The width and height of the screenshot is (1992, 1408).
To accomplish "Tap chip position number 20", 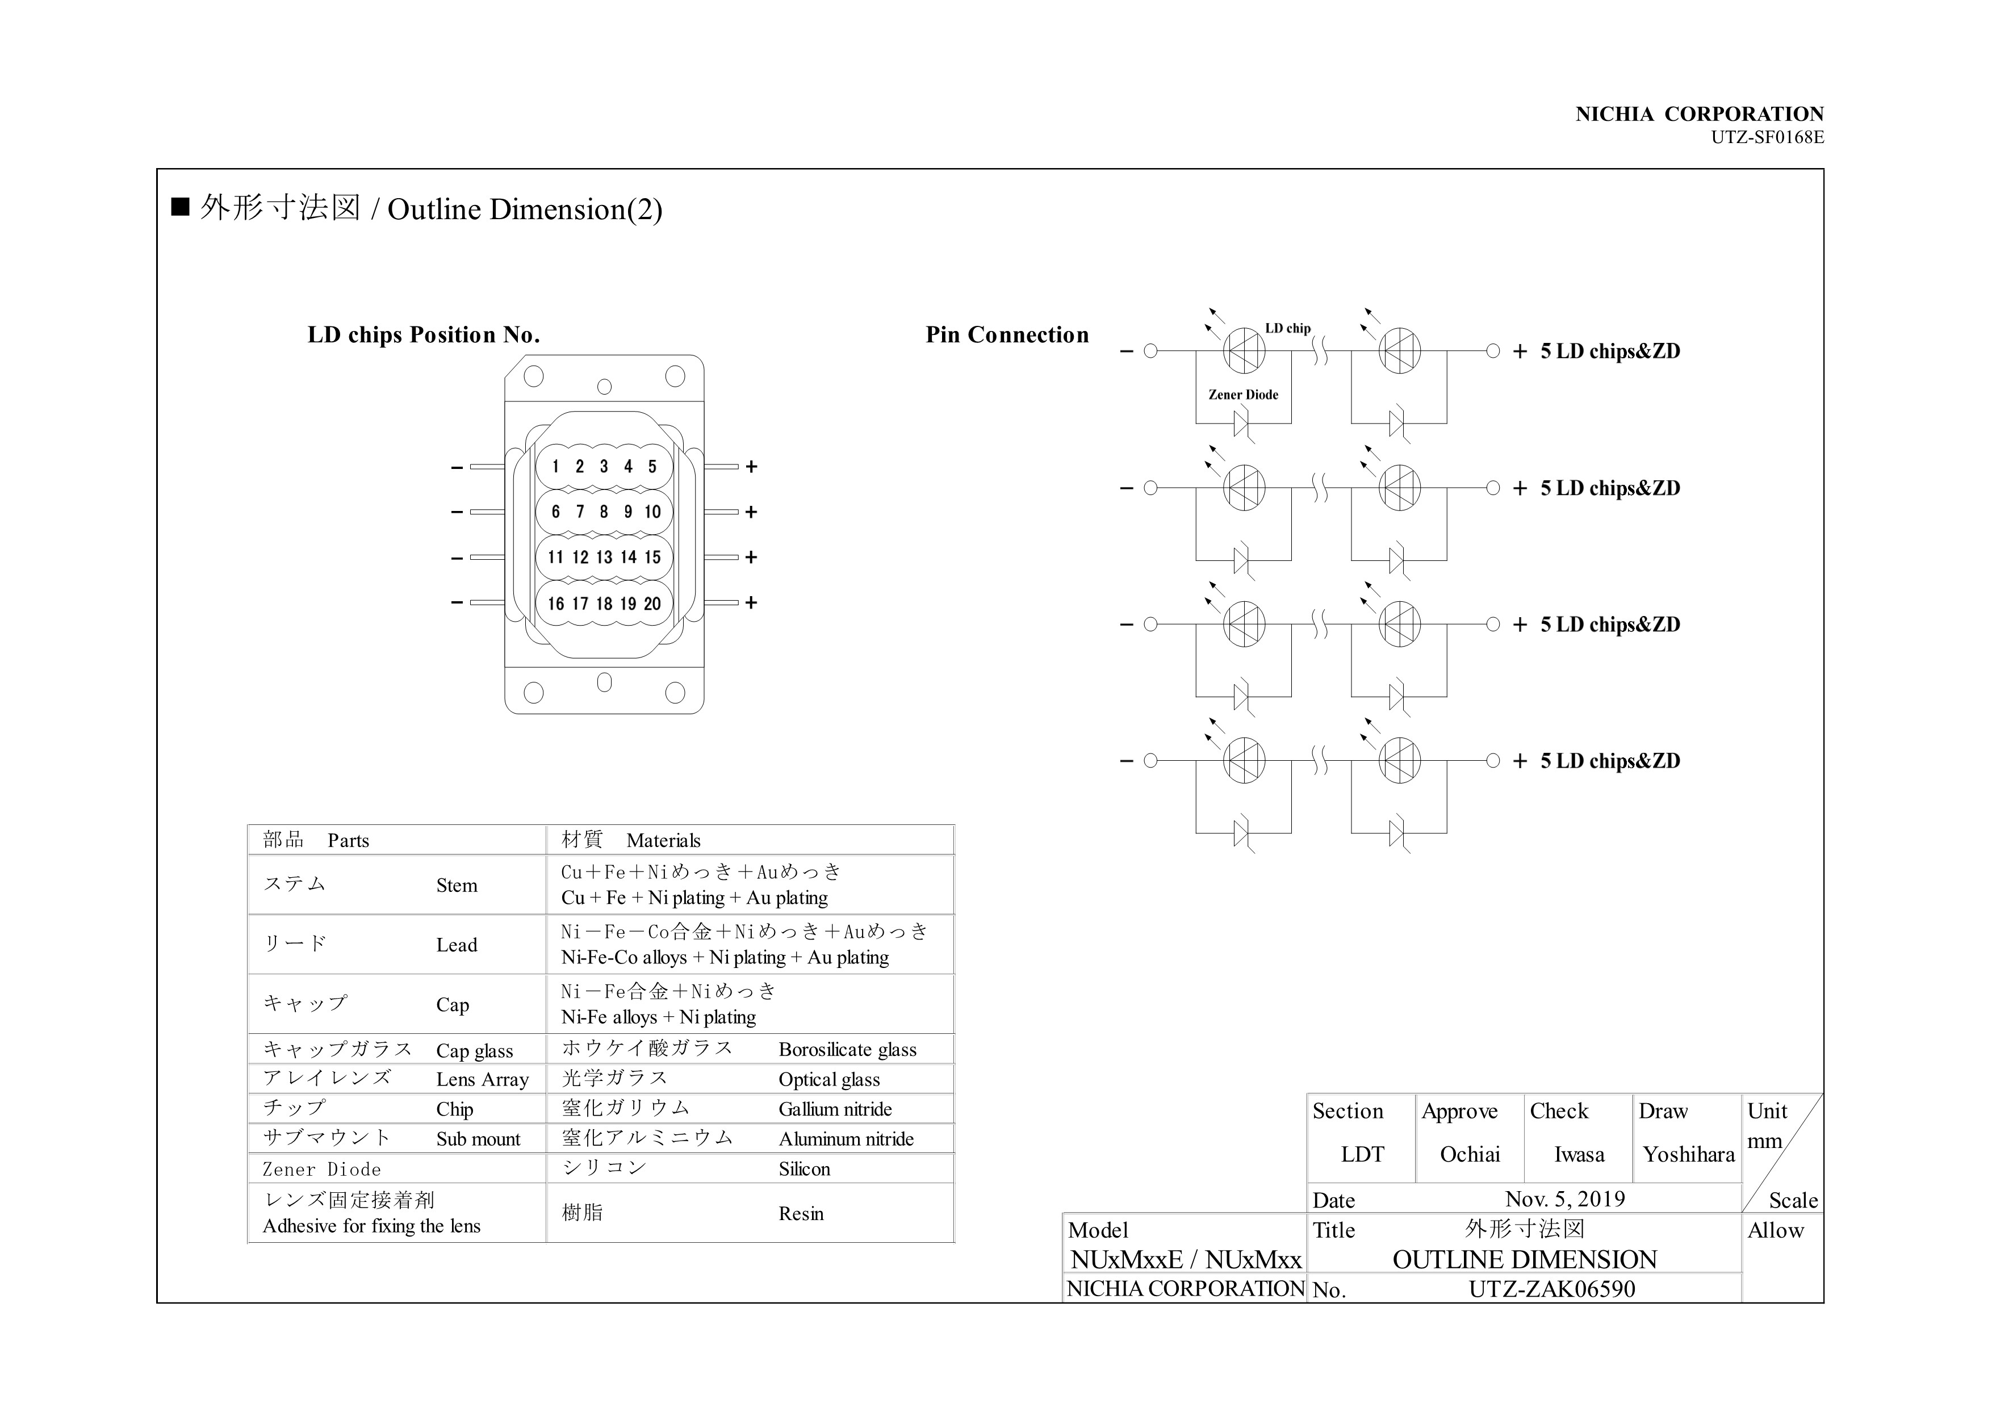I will (x=652, y=604).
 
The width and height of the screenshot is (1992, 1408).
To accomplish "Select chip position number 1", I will (x=555, y=467).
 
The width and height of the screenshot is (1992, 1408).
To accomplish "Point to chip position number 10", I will (x=652, y=512).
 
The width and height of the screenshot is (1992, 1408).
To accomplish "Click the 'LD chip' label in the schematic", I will (x=1287, y=328).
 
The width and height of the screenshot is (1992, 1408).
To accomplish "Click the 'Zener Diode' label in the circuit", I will (x=1243, y=395).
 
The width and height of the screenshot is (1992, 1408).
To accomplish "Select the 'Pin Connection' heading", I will (x=1006, y=335).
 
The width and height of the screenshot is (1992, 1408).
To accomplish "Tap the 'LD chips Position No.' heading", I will (x=424, y=335).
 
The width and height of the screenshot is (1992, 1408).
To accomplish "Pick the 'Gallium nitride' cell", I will (x=835, y=1109).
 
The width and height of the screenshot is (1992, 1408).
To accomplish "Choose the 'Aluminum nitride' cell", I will (x=846, y=1139).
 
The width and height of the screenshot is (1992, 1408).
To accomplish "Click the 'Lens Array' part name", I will (x=482, y=1080).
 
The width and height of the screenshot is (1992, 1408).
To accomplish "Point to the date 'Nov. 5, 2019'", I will (x=1565, y=1199).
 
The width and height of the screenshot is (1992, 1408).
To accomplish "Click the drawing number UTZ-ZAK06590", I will (x=1551, y=1289).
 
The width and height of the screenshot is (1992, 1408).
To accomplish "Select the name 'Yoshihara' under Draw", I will (x=1688, y=1155).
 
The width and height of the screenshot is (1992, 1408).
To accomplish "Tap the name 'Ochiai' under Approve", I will (x=1470, y=1155).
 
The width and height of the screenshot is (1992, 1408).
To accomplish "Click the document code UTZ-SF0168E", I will (x=1767, y=137).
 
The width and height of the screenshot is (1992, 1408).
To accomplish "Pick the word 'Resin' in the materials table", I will (x=801, y=1214).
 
